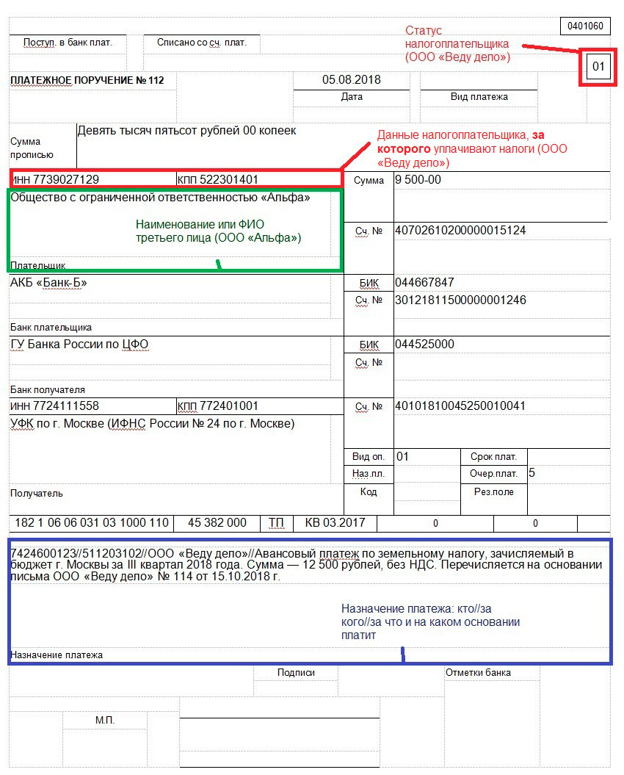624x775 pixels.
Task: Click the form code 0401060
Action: click(x=585, y=26)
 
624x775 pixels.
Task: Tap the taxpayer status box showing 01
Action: click(x=598, y=68)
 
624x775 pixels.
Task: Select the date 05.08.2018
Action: click(x=352, y=80)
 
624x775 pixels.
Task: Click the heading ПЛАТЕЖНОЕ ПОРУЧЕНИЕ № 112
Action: click(x=87, y=80)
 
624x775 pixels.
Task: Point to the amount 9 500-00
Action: click(x=418, y=179)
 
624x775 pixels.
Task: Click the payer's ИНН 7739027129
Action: click(x=55, y=179)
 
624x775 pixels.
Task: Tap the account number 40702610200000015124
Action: click(x=460, y=231)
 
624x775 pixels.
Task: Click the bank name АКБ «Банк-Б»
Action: click(x=49, y=282)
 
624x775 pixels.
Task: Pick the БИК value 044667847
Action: click(x=424, y=282)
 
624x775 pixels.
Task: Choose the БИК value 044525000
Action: click(x=424, y=345)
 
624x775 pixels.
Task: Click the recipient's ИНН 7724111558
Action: click(x=55, y=406)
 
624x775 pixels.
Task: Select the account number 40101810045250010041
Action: click(x=460, y=406)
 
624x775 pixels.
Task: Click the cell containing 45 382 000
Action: click(x=217, y=523)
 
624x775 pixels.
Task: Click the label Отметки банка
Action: click(x=478, y=672)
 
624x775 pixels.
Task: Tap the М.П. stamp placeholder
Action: click(x=105, y=720)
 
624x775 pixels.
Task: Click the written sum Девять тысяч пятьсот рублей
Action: click(x=186, y=131)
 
